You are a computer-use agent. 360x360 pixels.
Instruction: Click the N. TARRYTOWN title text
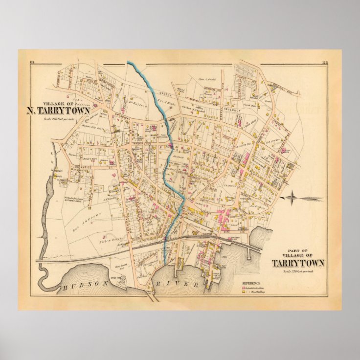[58, 110]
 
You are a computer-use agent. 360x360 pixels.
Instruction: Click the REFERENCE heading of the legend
[251, 283]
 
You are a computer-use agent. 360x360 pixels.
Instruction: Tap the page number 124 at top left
[32, 61]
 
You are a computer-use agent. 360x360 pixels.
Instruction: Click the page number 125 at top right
[325, 62]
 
